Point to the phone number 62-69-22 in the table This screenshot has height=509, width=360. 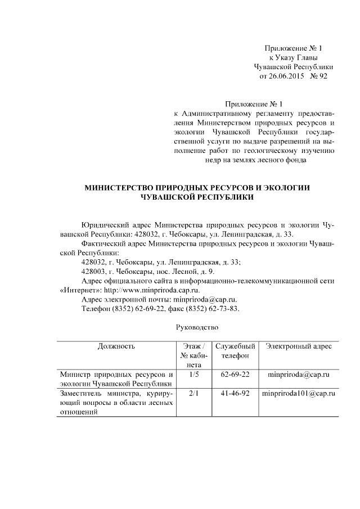[236, 374]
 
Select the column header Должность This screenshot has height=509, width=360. [116, 346]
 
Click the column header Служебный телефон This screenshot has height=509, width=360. [236, 351]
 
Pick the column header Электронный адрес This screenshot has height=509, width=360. [299, 346]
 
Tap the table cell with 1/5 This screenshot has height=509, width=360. [194, 374]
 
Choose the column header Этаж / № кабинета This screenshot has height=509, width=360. [194, 355]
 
